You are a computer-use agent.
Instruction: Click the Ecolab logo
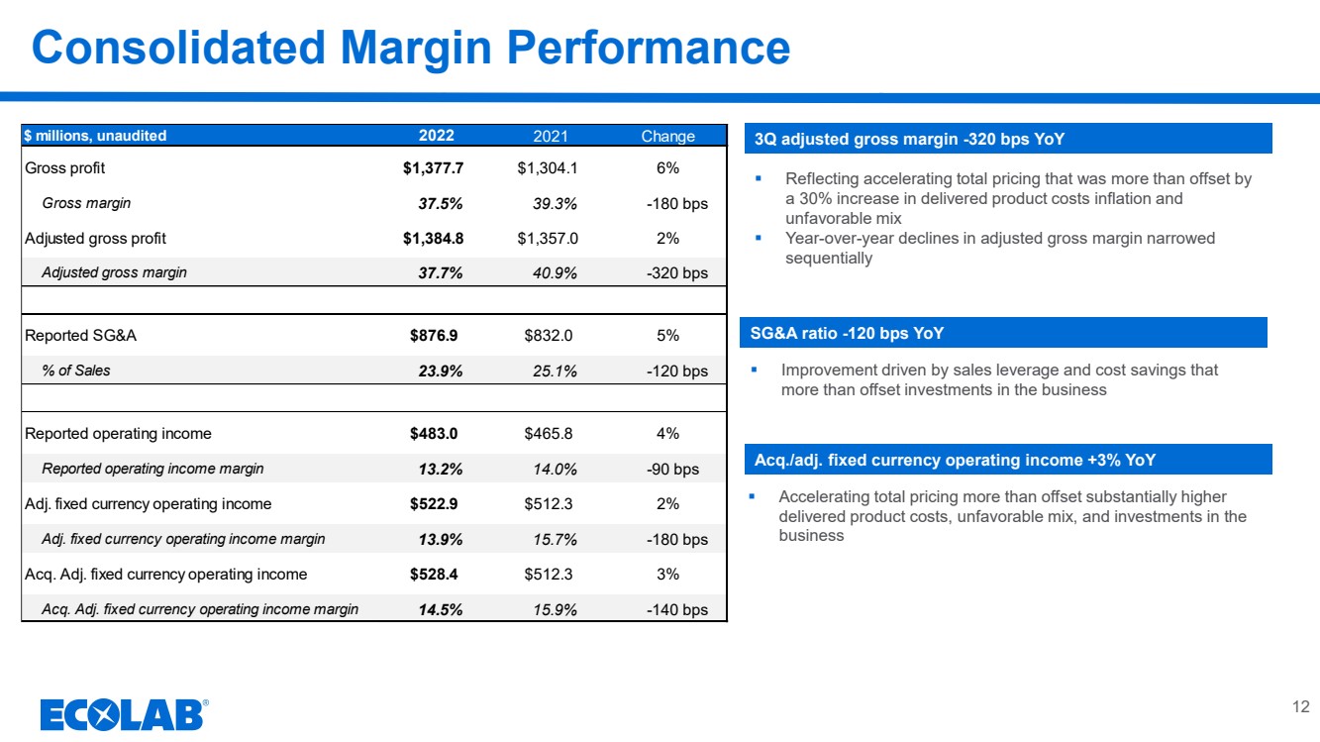pos(124,714)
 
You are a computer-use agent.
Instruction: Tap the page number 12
pos(1300,706)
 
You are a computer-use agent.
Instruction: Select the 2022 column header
pos(436,136)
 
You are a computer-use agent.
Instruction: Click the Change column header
pos(667,136)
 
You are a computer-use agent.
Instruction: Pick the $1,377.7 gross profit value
pos(433,168)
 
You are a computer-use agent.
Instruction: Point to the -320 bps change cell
pos(677,272)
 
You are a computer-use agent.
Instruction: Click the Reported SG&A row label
pos(81,336)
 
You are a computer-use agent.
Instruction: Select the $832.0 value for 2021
pos(548,336)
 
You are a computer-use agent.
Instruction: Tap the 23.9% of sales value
pos(441,371)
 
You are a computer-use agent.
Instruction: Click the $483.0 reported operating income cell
pos(434,433)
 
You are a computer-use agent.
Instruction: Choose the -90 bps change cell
pos(672,470)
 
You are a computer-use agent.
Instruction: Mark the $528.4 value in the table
pos(434,574)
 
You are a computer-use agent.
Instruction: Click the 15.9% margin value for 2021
pos(555,609)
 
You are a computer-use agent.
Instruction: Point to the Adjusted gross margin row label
pos(114,272)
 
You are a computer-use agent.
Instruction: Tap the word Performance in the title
pos(649,48)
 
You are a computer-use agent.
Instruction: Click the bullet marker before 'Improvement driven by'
pos(754,370)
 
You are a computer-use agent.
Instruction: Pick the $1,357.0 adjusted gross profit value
pos(548,239)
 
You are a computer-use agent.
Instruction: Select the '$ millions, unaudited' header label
pos(95,136)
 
